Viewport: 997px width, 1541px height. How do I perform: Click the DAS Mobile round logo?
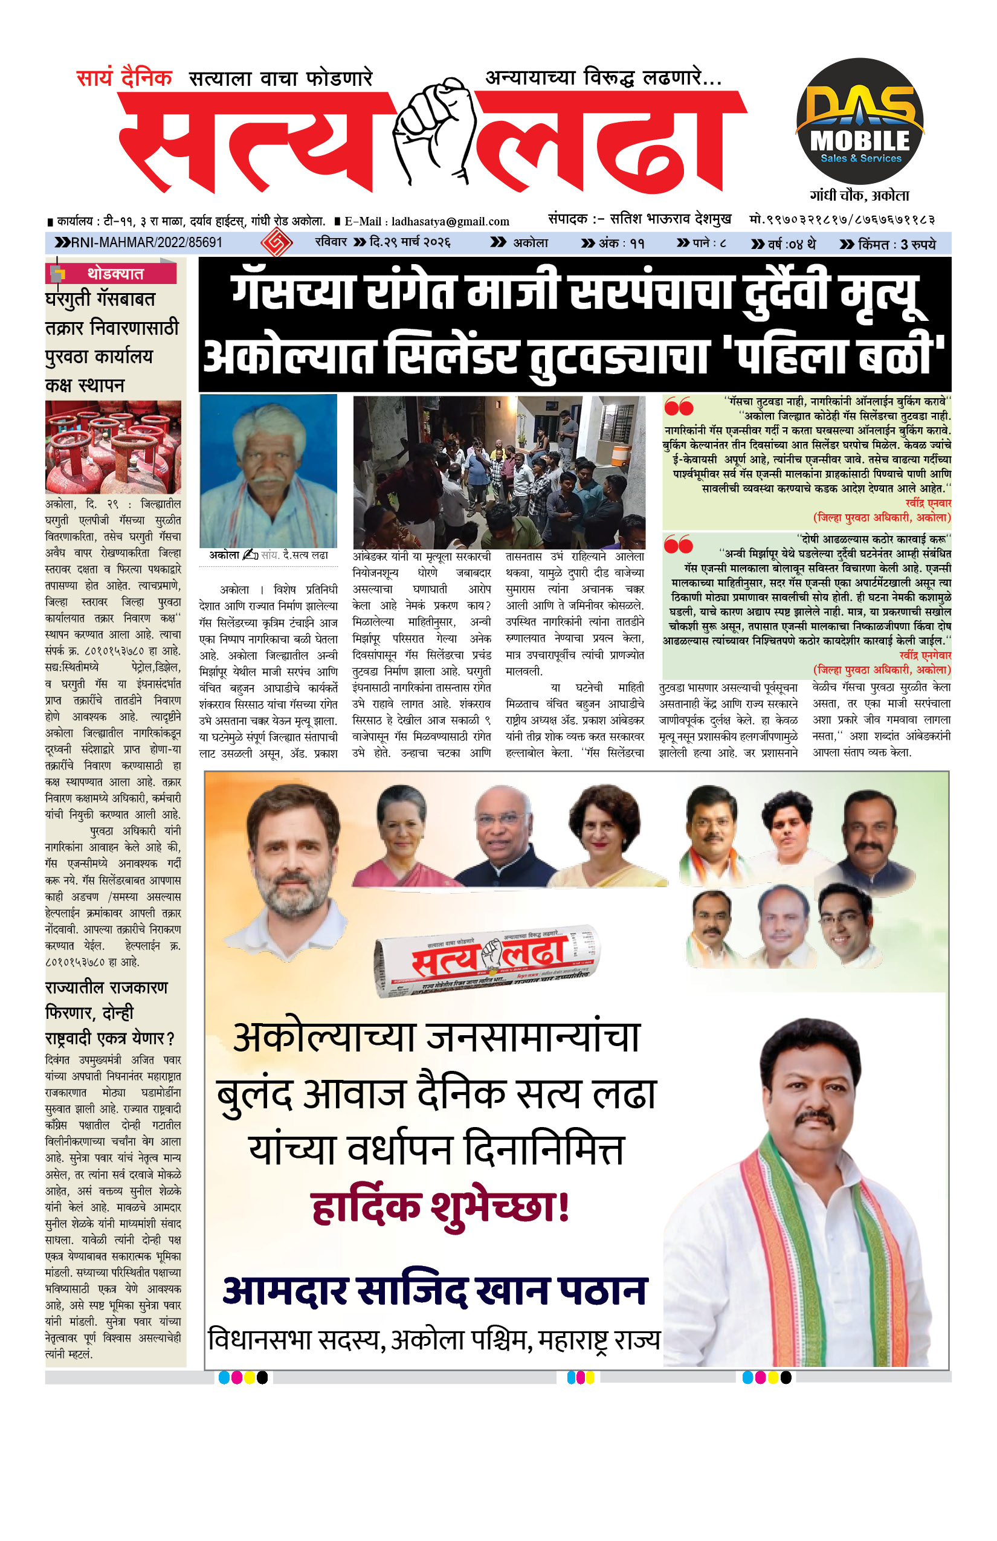[859, 121]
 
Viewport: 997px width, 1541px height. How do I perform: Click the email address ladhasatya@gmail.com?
[450, 221]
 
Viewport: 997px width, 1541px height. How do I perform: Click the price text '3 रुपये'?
[918, 244]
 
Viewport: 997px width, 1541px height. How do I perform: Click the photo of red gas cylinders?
[114, 447]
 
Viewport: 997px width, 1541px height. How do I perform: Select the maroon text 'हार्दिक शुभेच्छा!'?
[440, 1207]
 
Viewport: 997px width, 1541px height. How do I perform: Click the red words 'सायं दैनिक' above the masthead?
[124, 79]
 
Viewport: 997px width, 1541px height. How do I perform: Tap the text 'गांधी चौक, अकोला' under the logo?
[859, 196]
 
